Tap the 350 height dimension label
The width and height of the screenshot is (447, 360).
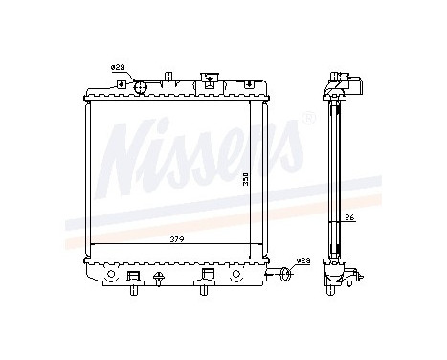pos(246,179)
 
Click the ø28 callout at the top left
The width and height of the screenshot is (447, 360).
pos(118,67)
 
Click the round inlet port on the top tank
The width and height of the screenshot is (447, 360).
pos(141,87)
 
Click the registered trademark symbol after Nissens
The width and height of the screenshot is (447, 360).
pos(308,120)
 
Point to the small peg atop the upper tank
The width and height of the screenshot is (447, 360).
pos(168,75)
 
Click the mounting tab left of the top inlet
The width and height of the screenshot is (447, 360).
pos(123,85)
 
